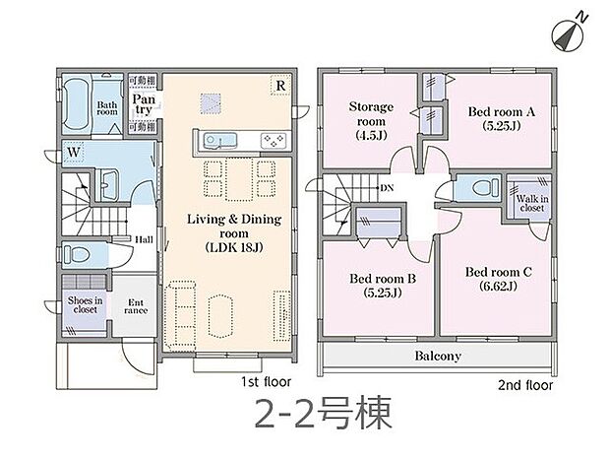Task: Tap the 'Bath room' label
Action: (x=106, y=108)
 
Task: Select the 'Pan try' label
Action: (x=144, y=105)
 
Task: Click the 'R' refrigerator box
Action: (x=280, y=87)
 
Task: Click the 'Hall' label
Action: (x=144, y=238)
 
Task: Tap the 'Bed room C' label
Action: (x=500, y=278)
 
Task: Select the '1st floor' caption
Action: (x=265, y=379)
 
